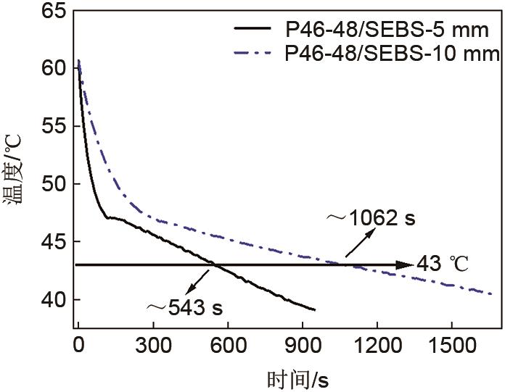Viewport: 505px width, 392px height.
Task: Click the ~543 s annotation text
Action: [x=184, y=307]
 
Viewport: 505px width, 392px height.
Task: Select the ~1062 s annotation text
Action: [x=371, y=218]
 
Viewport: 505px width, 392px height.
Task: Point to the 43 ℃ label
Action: [x=442, y=265]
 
